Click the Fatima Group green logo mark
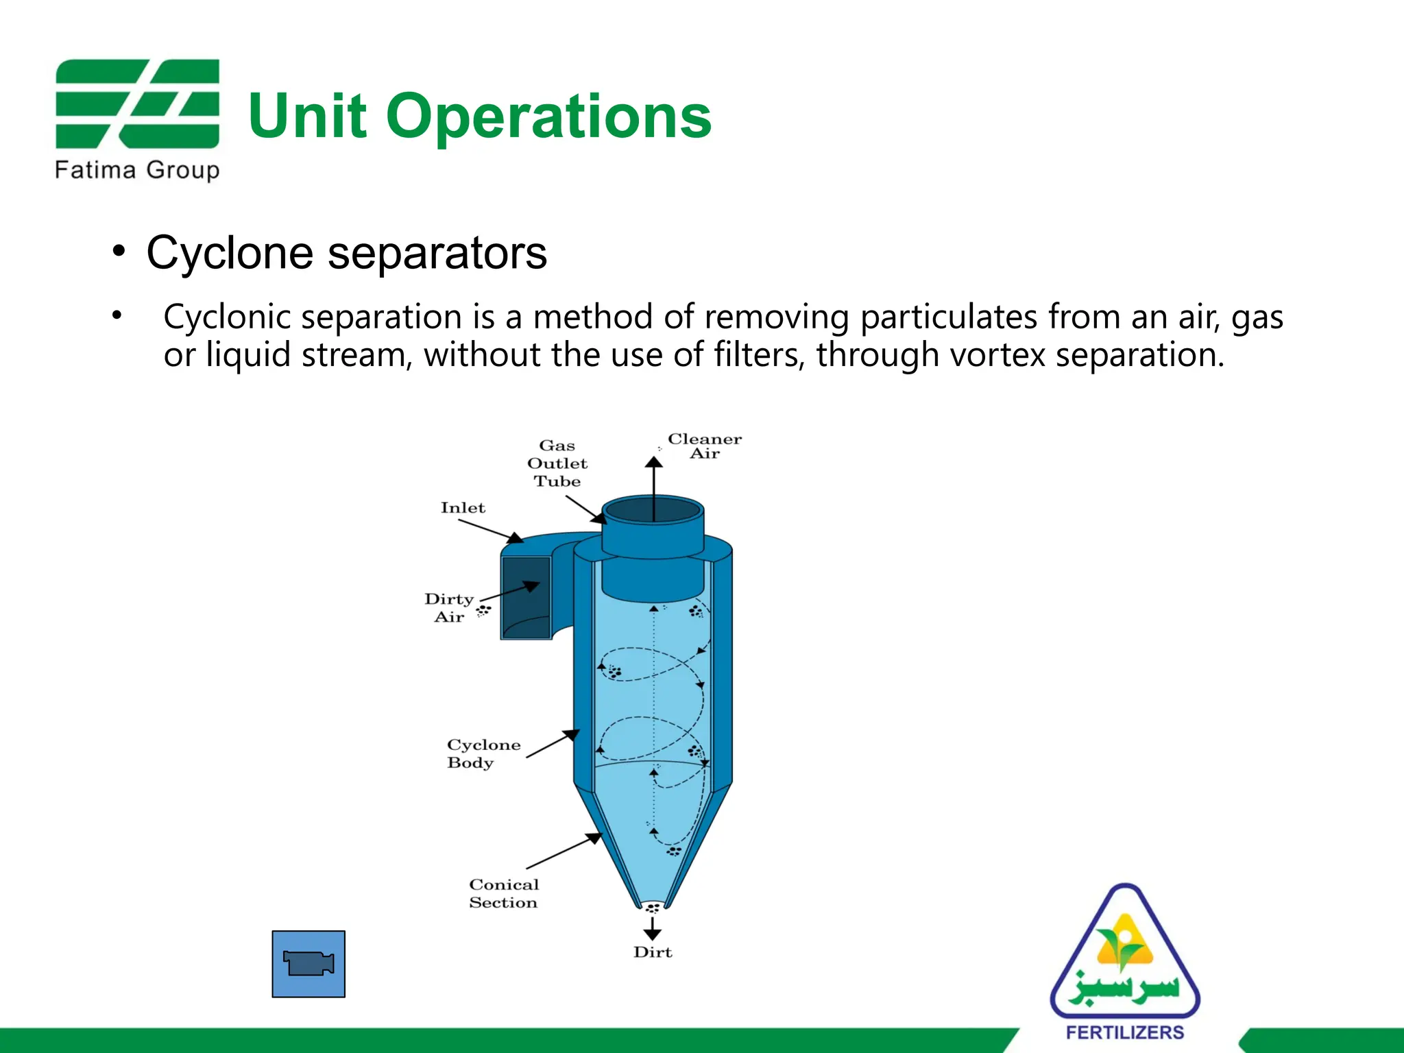point(137,104)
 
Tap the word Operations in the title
point(548,117)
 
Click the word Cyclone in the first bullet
point(230,253)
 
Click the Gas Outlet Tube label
point(557,463)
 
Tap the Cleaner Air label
point(705,446)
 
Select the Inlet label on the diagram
point(463,508)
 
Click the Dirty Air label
point(449,608)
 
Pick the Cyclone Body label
point(483,753)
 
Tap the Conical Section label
point(504,893)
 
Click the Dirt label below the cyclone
point(653,952)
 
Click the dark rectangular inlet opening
point(526,597)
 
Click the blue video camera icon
point(308,964)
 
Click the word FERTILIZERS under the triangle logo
point(1125,1032)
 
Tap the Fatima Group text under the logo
point(137,170)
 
